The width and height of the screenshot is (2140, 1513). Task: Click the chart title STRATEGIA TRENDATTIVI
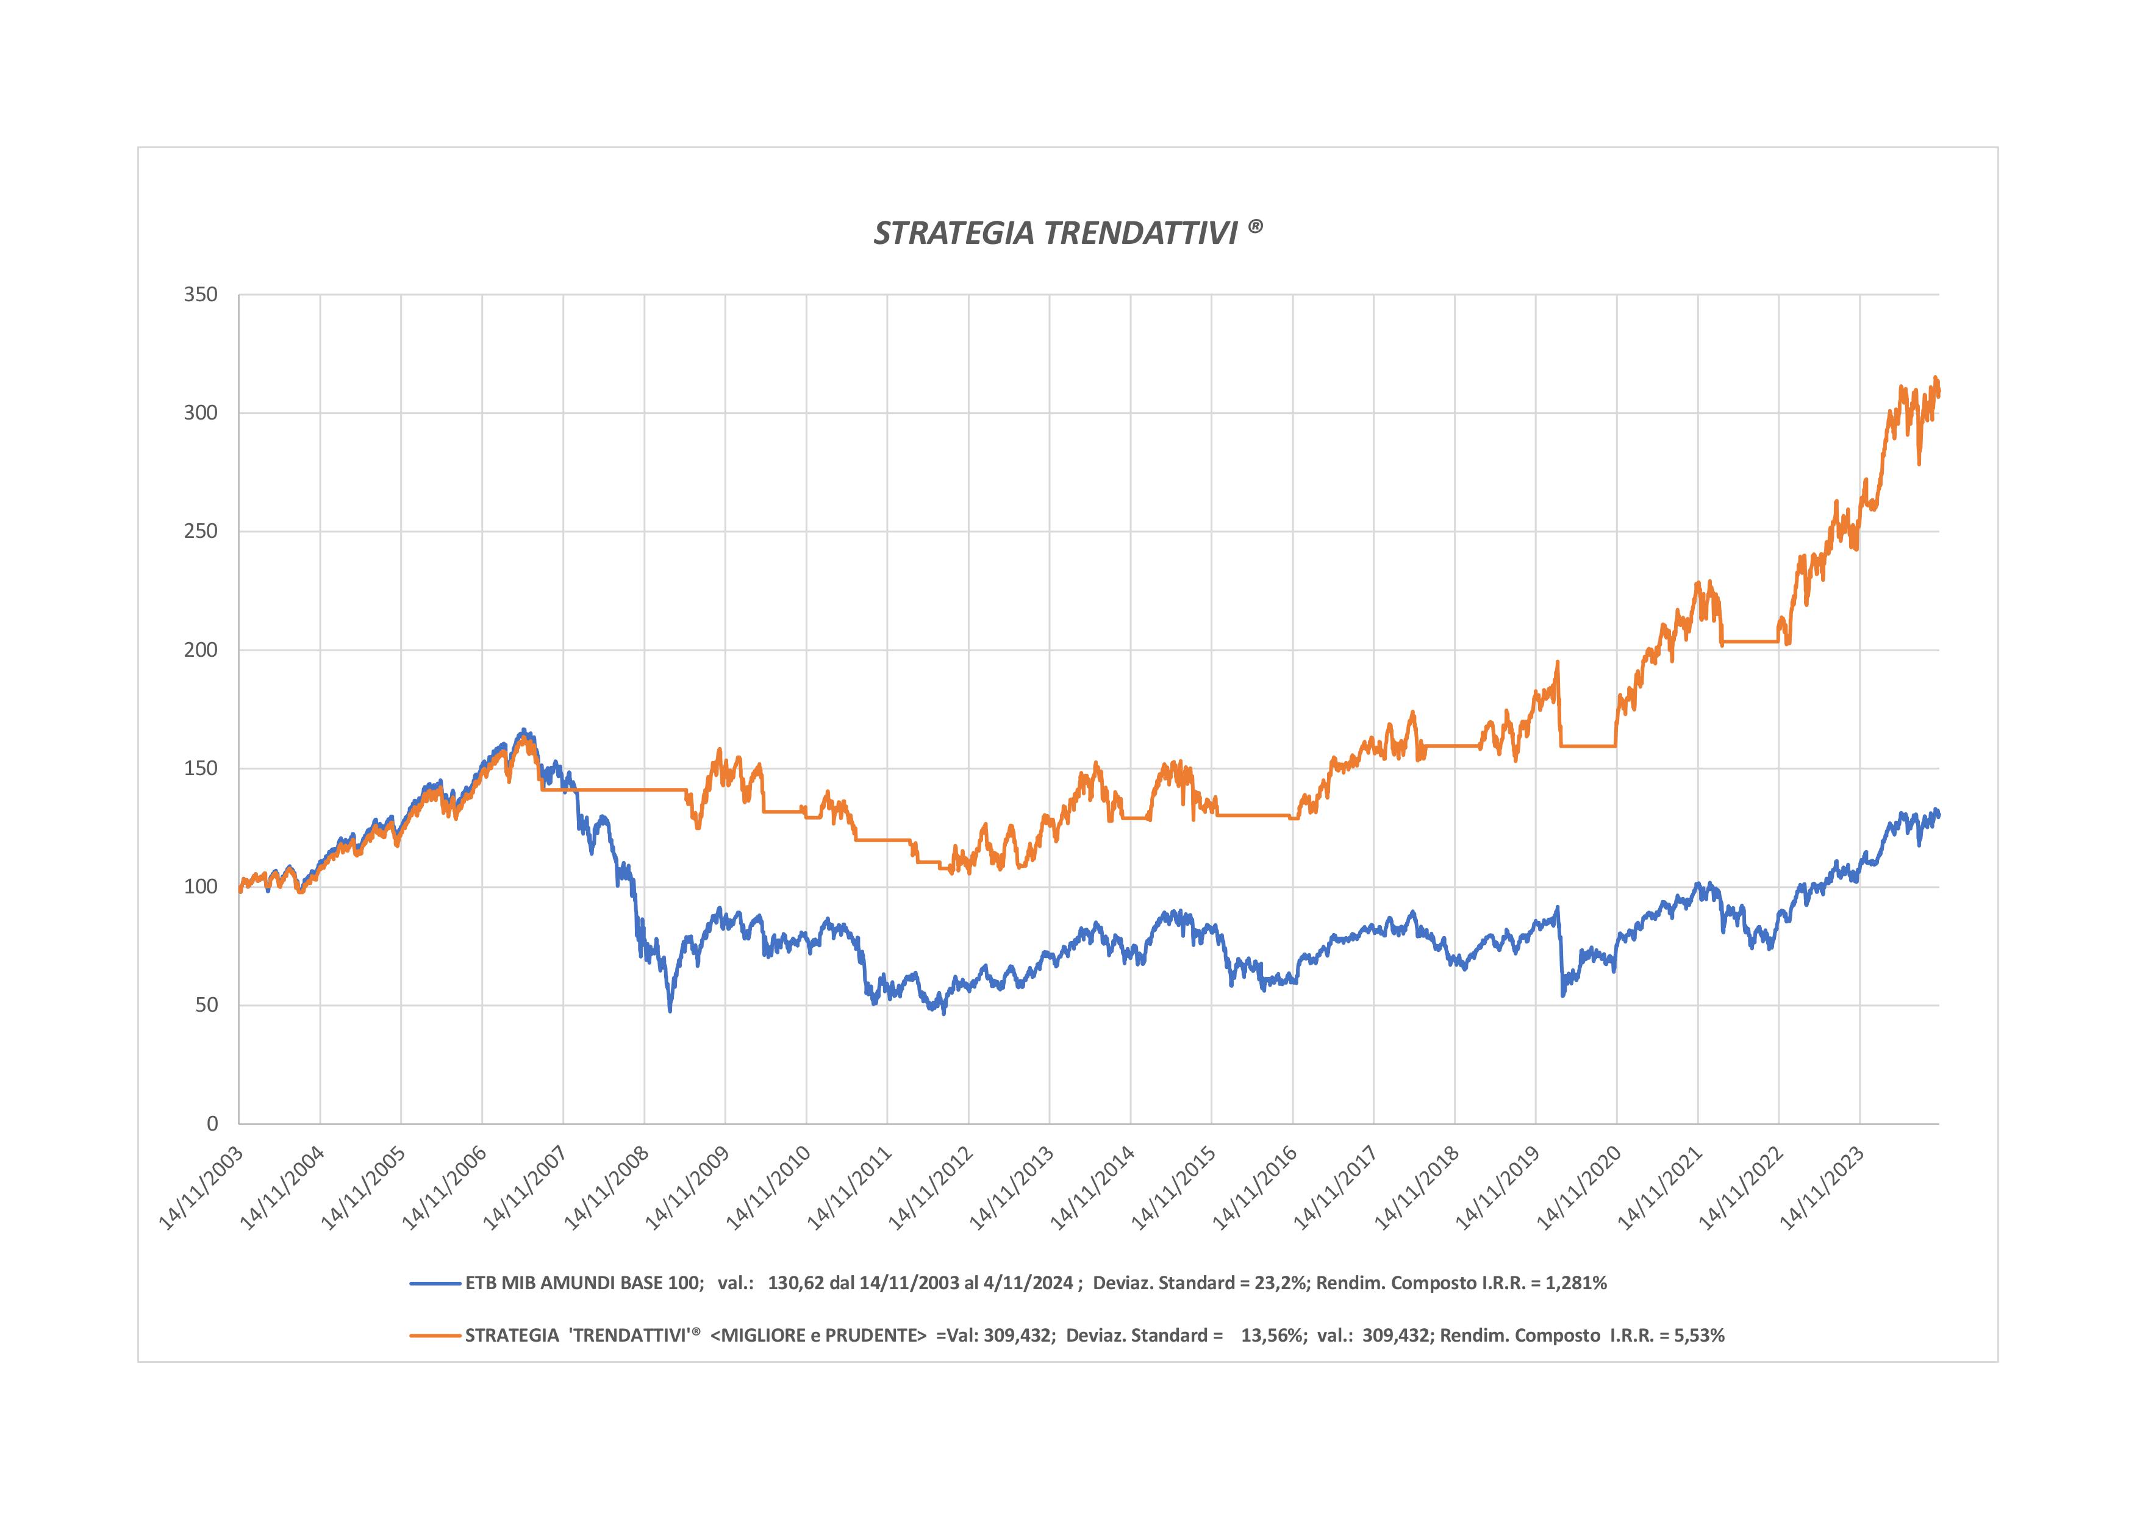point(1068,233)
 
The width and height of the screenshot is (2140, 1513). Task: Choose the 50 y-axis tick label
point(206,1005)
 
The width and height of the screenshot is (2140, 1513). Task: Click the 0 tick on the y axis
point(212,1125)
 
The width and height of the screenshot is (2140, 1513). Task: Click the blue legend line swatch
point(435,1284)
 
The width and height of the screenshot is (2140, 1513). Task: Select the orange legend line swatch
point(435,1336)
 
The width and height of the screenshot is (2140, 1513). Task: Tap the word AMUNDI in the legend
point(591,1284)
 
